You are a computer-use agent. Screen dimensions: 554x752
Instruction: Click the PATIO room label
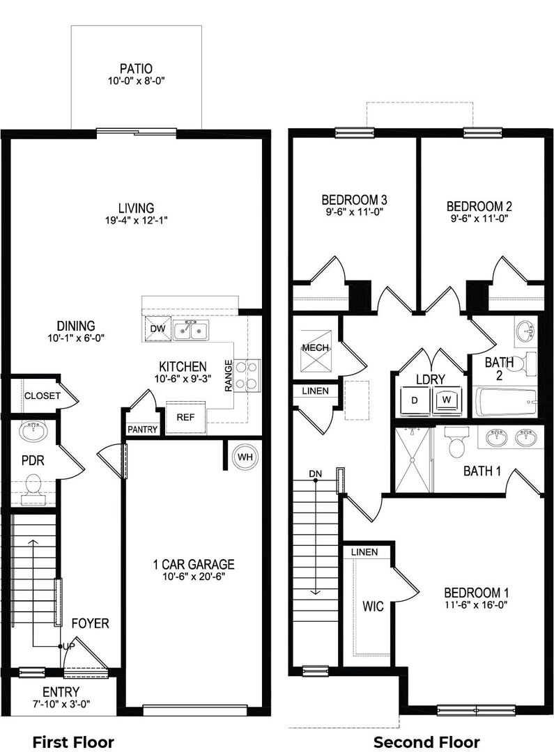(x=137, y=68)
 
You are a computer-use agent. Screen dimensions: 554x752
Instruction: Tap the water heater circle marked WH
(x=245, y=457)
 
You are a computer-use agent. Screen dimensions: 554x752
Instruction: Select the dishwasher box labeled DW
(x=157, y=329)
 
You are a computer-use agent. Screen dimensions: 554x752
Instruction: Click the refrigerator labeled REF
(x=185, y=418)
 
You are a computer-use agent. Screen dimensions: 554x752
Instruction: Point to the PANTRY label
(x=143, y=430)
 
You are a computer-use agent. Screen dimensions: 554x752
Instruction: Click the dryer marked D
(x=415, y=400)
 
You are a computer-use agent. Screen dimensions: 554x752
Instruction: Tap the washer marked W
(x=447, y=400)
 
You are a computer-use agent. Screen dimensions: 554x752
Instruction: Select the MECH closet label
(x=316, y=347)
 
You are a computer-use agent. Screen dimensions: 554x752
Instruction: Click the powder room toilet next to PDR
(x=33, y=487)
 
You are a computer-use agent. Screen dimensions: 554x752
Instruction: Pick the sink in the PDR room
(x=33, y=430)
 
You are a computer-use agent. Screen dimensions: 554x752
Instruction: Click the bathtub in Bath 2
(x=505, y=402)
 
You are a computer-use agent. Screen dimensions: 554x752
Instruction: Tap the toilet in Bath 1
(x=454, y=442)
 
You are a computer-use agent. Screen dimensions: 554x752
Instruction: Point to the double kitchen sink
(x=191, y=330)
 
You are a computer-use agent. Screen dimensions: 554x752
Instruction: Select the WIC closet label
(x=373, y=606)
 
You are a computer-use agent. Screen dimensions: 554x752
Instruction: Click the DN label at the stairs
(x=316, y=474)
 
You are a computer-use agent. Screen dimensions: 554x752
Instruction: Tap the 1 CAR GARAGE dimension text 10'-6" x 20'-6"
(x=194, y=577)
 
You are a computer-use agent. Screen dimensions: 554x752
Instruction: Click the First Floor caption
(x=73, y=742)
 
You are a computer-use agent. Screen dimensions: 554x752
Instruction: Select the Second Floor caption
(x=426, y=742)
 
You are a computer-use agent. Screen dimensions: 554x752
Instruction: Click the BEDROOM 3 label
(x=354, y=200)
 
